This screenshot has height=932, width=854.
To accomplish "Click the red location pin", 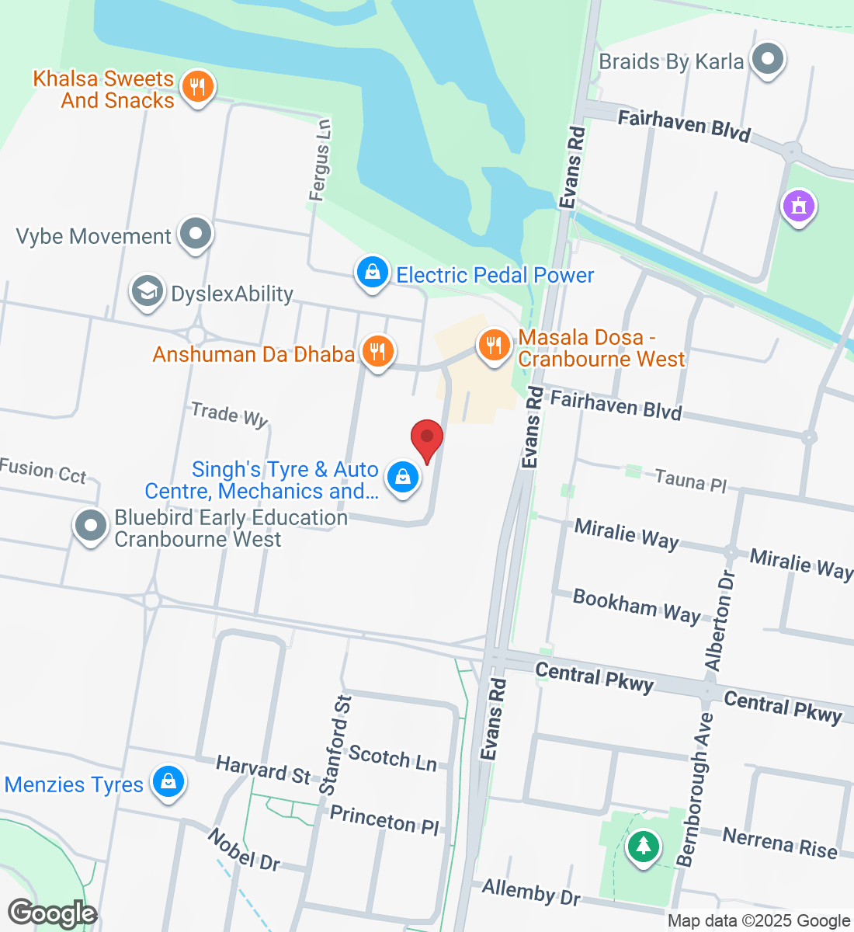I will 426,440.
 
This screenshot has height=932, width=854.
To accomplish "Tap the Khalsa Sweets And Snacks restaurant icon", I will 197,87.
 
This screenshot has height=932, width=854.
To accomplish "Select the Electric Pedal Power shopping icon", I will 372,273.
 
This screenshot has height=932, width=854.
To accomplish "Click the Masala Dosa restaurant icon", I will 493,345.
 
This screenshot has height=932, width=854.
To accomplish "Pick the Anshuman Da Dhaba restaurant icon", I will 377,352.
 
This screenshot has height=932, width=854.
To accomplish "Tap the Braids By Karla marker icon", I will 769,59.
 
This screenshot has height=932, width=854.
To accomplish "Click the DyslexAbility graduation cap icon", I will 147,292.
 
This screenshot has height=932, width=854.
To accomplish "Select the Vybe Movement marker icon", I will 195,234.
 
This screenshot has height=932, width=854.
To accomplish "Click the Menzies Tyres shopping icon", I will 168,782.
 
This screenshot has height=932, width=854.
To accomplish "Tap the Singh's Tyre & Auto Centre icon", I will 402,477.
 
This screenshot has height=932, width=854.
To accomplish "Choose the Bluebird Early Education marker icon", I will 91,526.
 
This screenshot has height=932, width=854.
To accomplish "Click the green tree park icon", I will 642,844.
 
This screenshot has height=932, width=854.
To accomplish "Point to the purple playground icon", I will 799,206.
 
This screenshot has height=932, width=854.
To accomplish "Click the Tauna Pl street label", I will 690,481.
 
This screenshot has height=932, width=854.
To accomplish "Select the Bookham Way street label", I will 637,606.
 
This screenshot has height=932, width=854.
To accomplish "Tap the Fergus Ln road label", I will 320,160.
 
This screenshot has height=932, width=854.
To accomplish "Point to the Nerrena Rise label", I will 779,843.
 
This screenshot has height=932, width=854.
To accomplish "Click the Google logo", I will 52,913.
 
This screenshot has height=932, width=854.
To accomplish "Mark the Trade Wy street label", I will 229,415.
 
